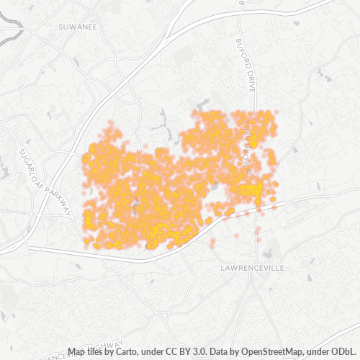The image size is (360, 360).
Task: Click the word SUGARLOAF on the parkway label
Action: (x=29, y=160)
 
